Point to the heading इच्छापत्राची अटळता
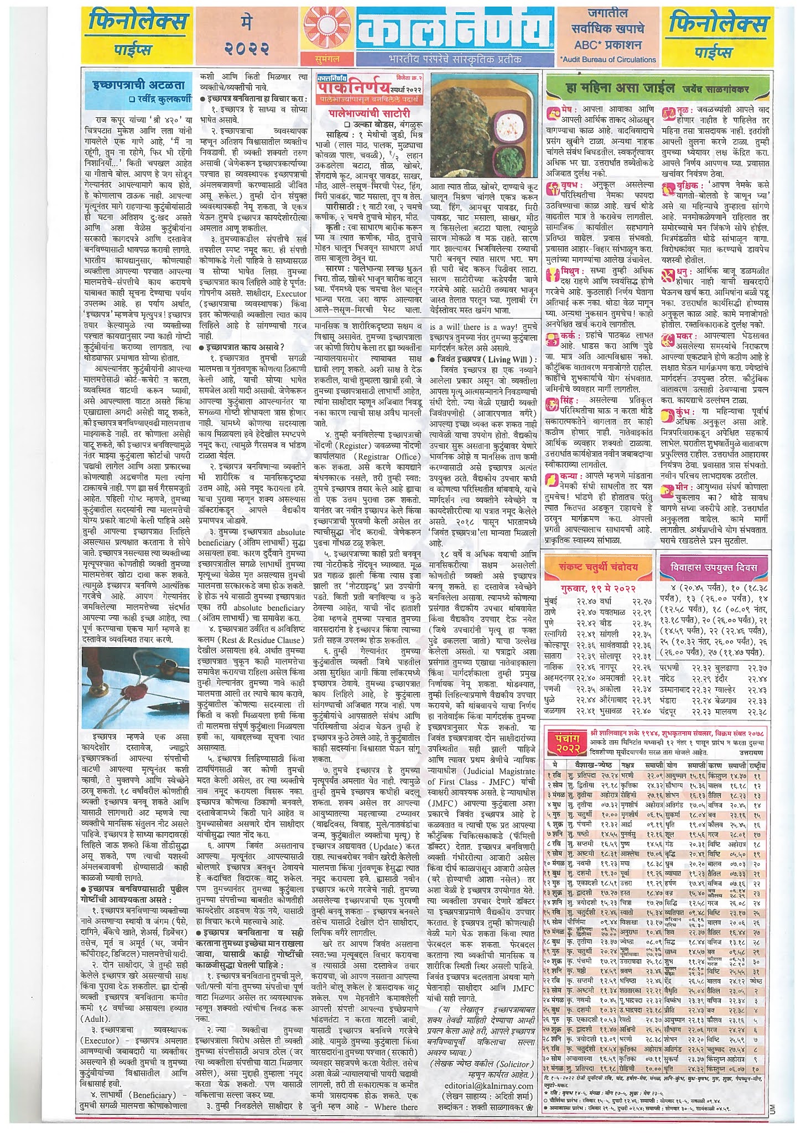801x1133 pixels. point(139,85)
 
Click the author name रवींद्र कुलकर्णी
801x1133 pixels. point(159,99)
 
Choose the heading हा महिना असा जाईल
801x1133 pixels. point(620,87)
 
